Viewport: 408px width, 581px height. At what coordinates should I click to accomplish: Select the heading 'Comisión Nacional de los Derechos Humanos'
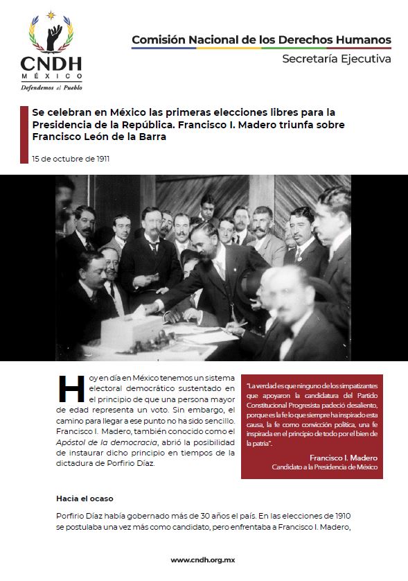[261, 40]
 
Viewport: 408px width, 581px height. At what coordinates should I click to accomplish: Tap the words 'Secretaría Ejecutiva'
[336, 59]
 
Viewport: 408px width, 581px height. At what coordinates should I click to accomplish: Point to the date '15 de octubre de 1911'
[70, 159]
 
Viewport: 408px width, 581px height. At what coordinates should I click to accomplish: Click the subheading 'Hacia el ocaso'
[85, 498]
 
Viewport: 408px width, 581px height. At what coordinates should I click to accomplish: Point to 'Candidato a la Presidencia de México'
[324, 467]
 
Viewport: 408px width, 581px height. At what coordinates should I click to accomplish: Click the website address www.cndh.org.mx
[204, 560]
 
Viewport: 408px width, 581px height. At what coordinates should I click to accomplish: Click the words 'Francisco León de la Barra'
[99, 137]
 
